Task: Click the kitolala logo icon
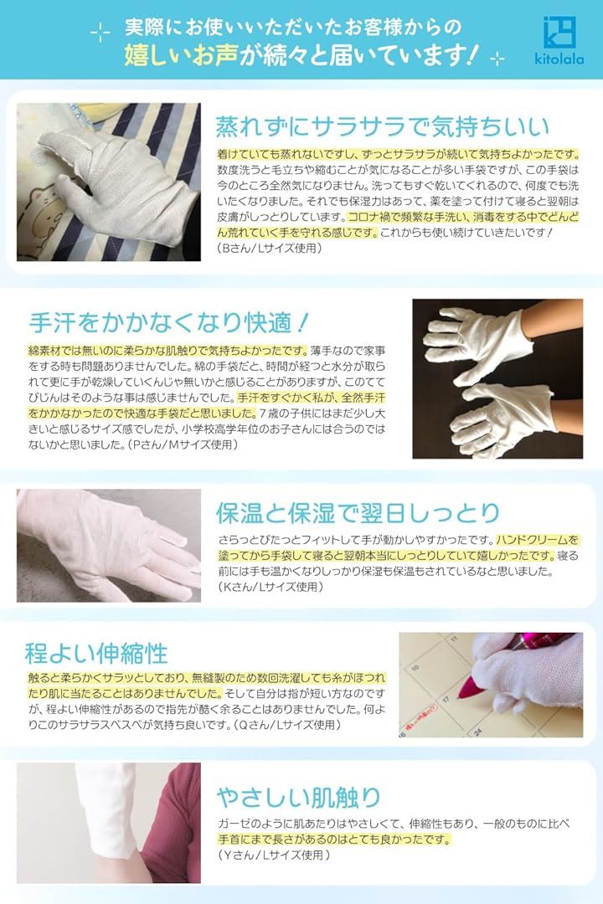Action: click(x=559, y=33)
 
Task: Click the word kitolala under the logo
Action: click(x=559, y=59)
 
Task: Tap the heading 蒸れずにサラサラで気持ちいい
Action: click(x=382, y=127)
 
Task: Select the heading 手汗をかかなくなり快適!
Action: click(x=169, y=322)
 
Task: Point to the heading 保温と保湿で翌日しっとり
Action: click(x=358, y=512)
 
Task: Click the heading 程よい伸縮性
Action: click(x=96, y=653)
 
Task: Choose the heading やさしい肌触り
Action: click(x=299, y=798)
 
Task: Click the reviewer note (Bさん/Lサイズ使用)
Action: click(x=270, y=249)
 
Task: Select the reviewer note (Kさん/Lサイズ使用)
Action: click(x=270, y=587)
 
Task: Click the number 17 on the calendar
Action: click(x=446, y=699)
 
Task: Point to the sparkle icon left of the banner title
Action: click(x=100, y=33)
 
